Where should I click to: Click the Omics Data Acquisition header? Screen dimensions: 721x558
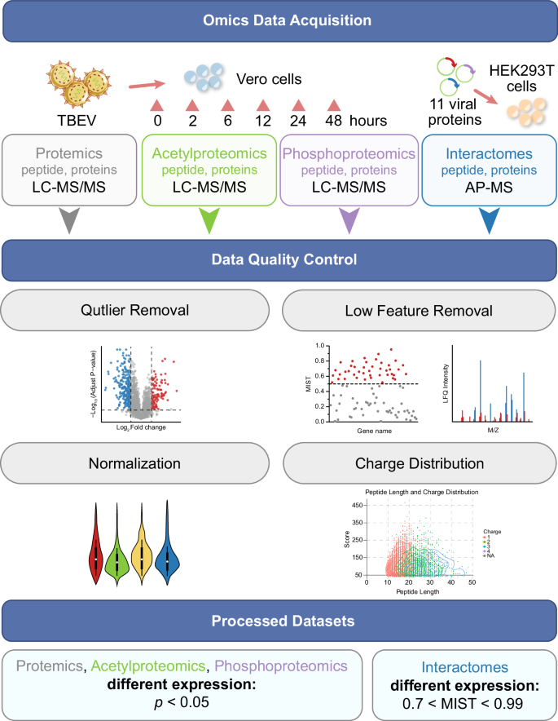(279, 20)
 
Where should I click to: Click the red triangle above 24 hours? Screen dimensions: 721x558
(299, 105)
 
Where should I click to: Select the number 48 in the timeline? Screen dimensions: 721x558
(333, 121)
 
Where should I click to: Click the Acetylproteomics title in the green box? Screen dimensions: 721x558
(209, 153)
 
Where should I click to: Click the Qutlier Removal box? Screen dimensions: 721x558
(140, 310)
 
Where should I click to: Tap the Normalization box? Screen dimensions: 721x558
(140, 464)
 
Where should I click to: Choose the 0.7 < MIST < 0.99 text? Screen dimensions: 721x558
(461, 701)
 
